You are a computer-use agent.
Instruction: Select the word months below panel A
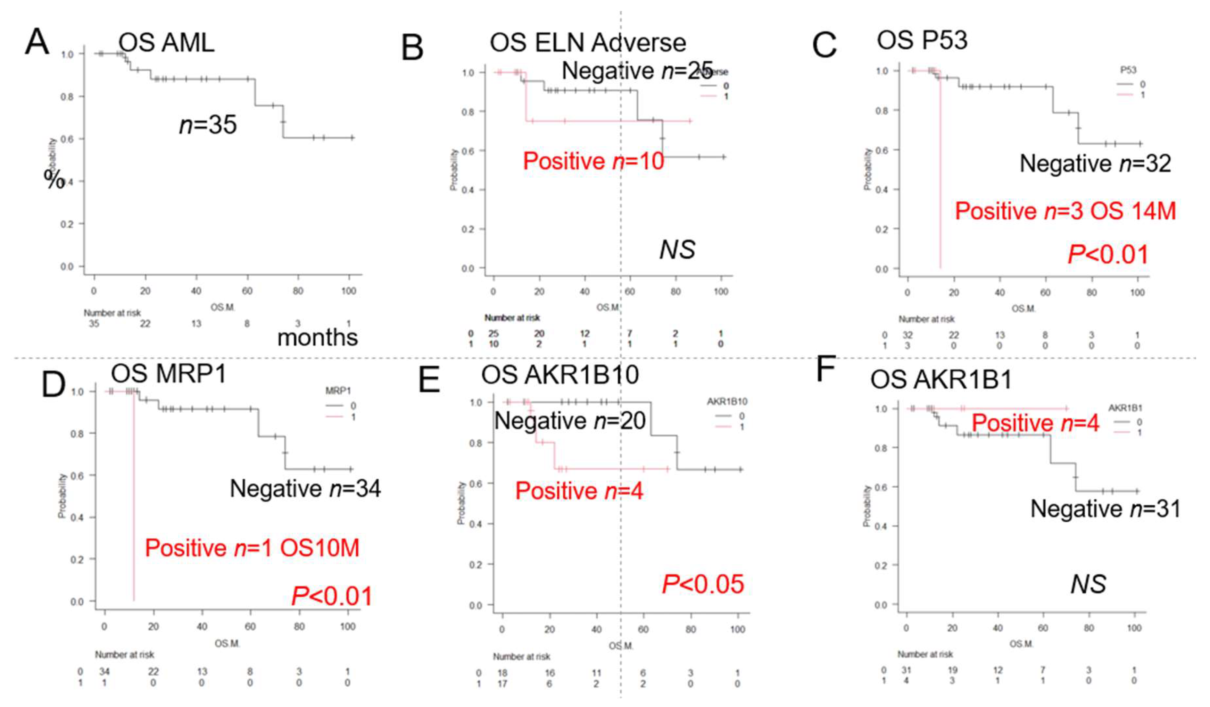317,337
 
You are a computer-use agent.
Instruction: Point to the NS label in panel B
677,250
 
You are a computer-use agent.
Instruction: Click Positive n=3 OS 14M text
1065,211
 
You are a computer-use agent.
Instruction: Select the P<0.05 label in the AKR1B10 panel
703,584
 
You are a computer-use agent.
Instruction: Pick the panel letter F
826,370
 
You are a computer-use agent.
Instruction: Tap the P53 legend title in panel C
1128,70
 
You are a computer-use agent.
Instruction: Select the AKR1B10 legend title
727,401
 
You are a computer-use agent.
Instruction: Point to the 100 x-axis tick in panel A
349,291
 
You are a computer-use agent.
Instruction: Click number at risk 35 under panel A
94,323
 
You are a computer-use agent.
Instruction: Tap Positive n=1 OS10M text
252,548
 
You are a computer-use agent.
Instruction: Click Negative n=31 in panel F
1105,509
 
